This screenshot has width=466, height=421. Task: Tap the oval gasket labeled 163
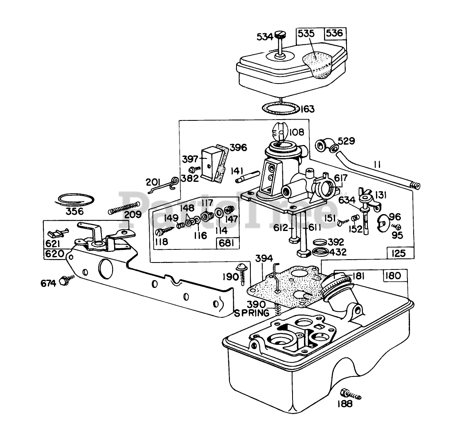(x=280, y=109)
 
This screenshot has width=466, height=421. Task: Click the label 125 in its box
(x=398, y=254)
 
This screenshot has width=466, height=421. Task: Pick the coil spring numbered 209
(x=127, y=207)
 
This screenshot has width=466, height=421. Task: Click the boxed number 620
(x=54, y=254)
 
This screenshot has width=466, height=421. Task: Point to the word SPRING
(x=252, y=313)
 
